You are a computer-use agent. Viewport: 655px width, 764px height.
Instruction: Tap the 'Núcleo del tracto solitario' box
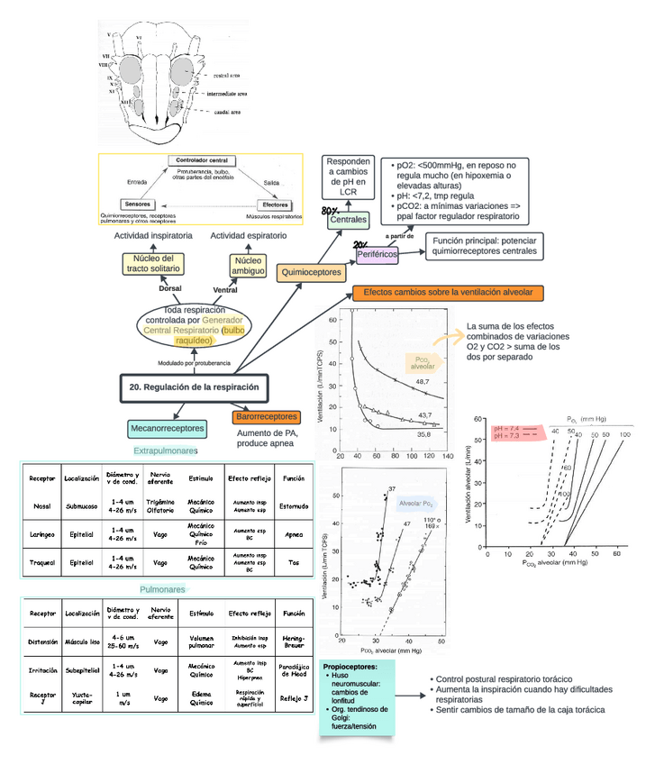153,264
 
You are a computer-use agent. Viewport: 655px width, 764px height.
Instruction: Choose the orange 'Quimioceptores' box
312,270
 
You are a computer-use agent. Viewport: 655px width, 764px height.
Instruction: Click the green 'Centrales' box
347,219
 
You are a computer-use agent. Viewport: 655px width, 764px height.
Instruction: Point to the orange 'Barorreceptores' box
266,417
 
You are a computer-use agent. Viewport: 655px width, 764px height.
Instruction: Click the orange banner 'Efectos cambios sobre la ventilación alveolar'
448,293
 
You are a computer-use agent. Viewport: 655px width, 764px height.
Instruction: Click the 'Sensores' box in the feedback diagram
138,204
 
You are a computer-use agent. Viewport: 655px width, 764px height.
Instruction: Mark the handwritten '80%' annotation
330,209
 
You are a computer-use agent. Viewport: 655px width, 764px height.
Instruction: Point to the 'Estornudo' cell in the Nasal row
294,507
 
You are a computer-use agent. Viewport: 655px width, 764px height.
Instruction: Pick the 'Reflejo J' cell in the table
294,697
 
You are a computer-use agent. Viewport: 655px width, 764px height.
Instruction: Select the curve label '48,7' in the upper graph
423,382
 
